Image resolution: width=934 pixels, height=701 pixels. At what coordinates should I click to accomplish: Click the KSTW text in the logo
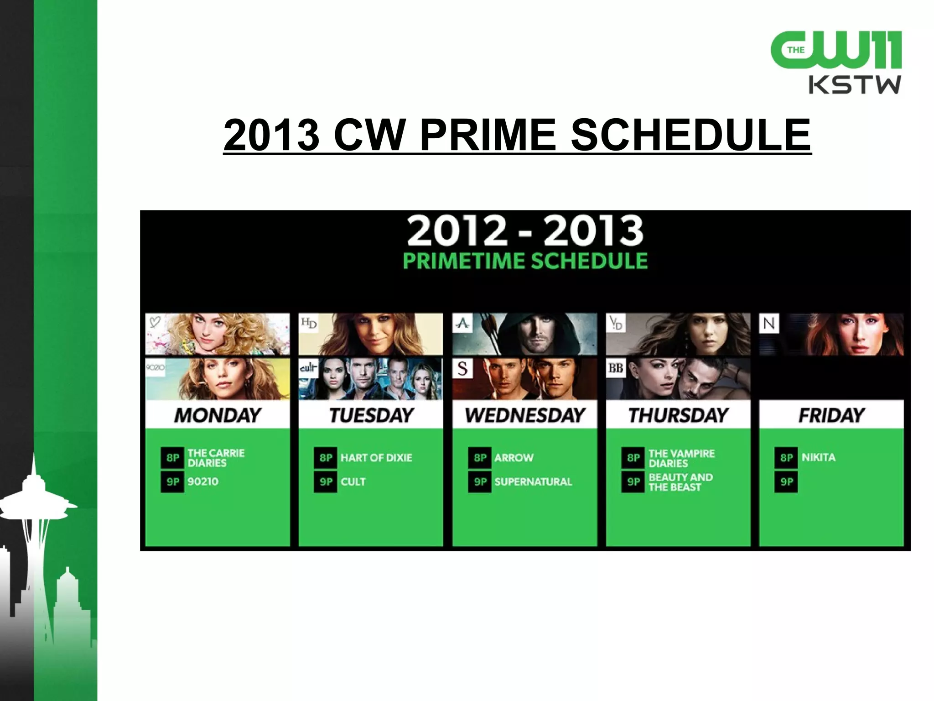click(x=855, y=85)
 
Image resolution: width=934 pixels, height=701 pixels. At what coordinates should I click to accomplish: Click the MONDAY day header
click(x=218, y=415)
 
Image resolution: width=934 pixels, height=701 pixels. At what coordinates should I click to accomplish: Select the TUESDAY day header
click(x=371, y=415)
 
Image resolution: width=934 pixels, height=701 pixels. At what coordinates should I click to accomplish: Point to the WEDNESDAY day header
click(x=525, y=415)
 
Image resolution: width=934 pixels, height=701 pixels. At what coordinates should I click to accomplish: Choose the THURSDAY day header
click(x=678, y=415)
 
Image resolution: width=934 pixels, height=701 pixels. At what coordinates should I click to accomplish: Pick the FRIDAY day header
click(x=831, y=415)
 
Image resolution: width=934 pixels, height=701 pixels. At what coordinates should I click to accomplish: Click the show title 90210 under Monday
click(x=203, y=481)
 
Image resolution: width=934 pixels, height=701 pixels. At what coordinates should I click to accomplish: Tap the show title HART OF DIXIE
click(x=376, y=458)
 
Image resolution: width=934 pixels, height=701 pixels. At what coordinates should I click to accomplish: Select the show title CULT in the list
click(x=353, y=481)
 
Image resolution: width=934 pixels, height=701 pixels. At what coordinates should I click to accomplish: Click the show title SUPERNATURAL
click(x=533, y=481)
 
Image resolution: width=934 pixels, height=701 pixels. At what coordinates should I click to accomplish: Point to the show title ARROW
click(x=514, y=458)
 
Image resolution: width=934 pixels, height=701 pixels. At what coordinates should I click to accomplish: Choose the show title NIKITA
click(x=819, y=457)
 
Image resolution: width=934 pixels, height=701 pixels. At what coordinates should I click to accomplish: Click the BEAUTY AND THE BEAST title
click(x=680, y=482)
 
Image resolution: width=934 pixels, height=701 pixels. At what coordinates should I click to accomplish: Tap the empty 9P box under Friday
click(x=786, y=481)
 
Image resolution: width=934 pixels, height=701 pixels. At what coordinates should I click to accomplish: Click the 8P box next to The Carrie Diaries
click(x=172, y=458)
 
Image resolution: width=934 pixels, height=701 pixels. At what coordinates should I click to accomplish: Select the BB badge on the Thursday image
click(x=616, y=368)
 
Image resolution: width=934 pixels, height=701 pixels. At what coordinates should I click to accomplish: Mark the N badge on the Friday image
click(x=769, y=324)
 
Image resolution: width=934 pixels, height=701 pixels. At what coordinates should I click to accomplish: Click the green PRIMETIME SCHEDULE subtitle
click(x=525, y=261)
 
